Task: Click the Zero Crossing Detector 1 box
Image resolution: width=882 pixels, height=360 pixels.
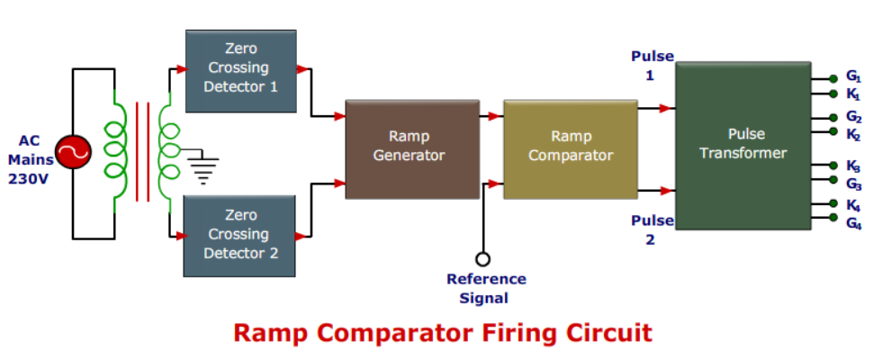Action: coord(240,70)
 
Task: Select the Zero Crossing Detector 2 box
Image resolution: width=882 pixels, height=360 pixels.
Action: coord(240,235)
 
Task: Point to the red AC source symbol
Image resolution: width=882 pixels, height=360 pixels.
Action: coord(73,154)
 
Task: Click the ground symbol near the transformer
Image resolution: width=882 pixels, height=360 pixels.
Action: coord(204,169)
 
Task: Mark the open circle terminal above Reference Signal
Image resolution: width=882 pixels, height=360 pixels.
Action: coord(483,259)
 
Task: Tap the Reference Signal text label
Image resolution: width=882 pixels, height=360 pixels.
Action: coord(486,289)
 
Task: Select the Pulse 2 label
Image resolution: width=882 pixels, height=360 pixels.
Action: coord(652,229)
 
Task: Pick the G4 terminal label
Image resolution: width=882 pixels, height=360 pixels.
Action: coord(853,222)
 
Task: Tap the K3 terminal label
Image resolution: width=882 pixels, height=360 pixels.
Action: coord(853,166)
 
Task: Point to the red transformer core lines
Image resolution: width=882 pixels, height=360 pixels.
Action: coord(141,151)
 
